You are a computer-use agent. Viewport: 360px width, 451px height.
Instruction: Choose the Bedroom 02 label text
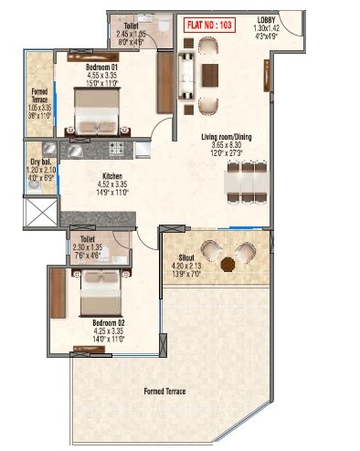tap(108, 322)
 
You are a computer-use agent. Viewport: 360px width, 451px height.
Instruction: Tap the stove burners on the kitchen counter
tap(117, 148)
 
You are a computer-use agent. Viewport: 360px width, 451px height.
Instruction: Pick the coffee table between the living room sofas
tap(209, 75)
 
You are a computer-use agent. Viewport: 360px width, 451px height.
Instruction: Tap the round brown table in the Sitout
tap(226, 263)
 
